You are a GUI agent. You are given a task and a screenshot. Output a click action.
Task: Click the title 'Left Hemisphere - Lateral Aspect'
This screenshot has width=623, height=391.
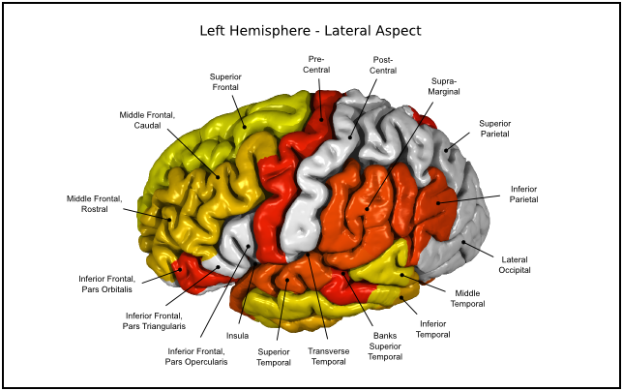[x=311, y=30]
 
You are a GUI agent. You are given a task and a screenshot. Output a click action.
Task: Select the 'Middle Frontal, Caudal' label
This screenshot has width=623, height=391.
[x=146, y=120]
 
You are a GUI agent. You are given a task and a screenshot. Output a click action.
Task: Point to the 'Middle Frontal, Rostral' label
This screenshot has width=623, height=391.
[x=94, y=204]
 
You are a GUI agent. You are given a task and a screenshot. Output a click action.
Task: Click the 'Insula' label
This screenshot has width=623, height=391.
[x=238, y=336]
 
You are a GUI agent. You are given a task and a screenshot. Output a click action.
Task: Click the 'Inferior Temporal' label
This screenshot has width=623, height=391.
[x=433, y=329]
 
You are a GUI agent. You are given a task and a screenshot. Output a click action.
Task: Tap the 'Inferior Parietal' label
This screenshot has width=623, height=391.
[x=524, y=194]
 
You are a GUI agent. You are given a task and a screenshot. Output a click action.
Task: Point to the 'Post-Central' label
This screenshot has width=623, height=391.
[x=384, y=65]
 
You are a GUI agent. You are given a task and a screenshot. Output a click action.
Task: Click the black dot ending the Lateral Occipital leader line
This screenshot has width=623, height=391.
[x=462, y=243]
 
